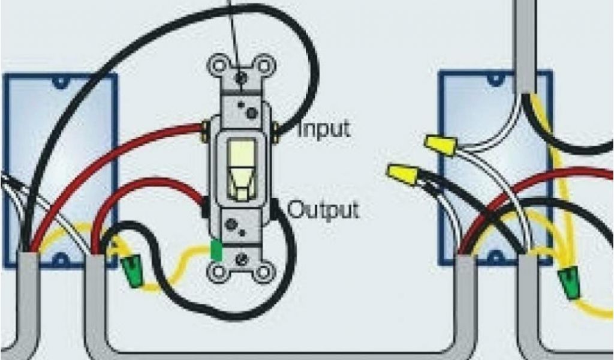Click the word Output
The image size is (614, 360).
(x=324, y=209)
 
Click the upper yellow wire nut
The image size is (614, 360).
(x=440, y=146)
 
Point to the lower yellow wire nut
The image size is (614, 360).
(x=402, y=175)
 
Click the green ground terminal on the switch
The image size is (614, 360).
(x=216, y=250)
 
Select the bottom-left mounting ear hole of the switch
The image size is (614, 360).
(x=217, y=274)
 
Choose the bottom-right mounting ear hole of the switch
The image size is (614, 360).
(x=263, y=274)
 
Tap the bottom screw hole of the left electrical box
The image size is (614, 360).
(x=61, y=259)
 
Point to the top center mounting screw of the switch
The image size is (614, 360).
(x=241, y=78)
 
